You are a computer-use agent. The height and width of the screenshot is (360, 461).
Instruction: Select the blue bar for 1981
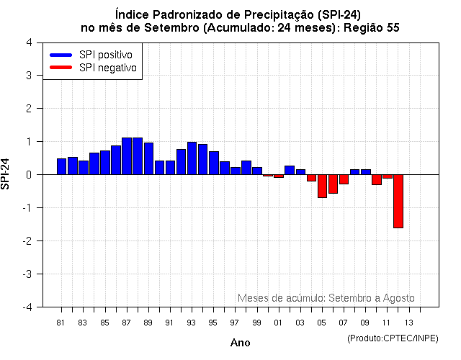click(x=61, y=166)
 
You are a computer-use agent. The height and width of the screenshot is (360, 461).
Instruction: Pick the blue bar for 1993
click(x=192, y=158)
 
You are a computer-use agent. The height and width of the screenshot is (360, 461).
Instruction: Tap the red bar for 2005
click(x=322, y=186)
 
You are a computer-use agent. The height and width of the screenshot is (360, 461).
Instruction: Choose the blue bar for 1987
click(x=127, y=156)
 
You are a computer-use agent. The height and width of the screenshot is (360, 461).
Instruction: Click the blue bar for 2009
click(x=365, y=171)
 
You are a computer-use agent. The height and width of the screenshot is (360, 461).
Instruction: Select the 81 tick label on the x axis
click(x=61, y=322)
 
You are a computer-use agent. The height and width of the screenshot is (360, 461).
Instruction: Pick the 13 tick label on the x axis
click(x=408, y=322)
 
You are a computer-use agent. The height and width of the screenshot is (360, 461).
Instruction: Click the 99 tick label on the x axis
click(x=256, y=322)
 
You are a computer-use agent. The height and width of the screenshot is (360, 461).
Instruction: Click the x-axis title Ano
click(x=240, y=343)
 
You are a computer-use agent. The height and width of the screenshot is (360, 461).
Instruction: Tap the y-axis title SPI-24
click(x=6, y=174)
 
